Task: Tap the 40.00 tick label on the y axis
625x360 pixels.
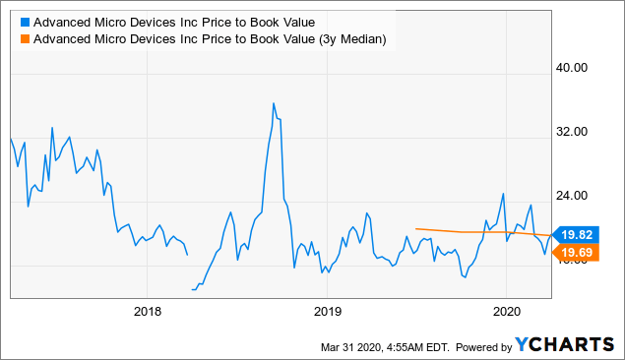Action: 574,68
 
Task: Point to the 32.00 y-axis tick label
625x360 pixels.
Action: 574,132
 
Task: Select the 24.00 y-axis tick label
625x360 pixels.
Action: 574,196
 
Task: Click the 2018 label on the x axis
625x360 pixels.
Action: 146,311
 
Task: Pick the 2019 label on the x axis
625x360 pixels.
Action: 326,311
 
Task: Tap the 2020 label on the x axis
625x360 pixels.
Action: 505,311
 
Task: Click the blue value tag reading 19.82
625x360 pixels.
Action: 578,234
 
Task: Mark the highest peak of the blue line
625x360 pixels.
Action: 273,102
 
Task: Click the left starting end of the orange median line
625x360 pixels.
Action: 416,229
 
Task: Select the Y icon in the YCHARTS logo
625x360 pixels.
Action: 523,344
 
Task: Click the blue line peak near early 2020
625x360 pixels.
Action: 503,194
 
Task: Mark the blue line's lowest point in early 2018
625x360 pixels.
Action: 193,290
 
